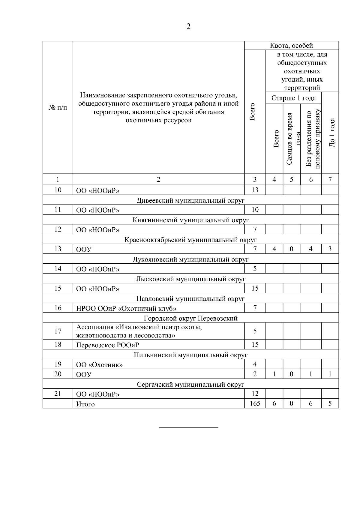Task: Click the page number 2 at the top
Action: (188, 27)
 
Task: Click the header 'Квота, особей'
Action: (291, 46)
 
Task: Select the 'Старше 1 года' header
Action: (293, 98)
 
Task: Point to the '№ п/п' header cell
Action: (58, 107)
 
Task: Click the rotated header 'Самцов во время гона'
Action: (292, 139)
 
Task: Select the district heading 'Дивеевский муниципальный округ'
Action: (190, 200)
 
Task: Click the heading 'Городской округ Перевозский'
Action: (190, 318)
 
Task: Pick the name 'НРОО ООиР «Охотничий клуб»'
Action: (126, 308)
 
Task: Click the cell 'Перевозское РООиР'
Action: (108, 345)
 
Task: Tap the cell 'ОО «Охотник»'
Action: (99, 365)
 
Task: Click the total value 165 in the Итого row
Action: (255, 403)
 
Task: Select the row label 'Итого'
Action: (85, 404)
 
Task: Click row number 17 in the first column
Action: (58, 331)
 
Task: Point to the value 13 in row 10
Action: (255, 190)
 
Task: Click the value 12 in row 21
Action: (255, 394)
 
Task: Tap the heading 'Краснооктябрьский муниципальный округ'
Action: (190, 240)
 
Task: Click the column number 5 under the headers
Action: (291, 180)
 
